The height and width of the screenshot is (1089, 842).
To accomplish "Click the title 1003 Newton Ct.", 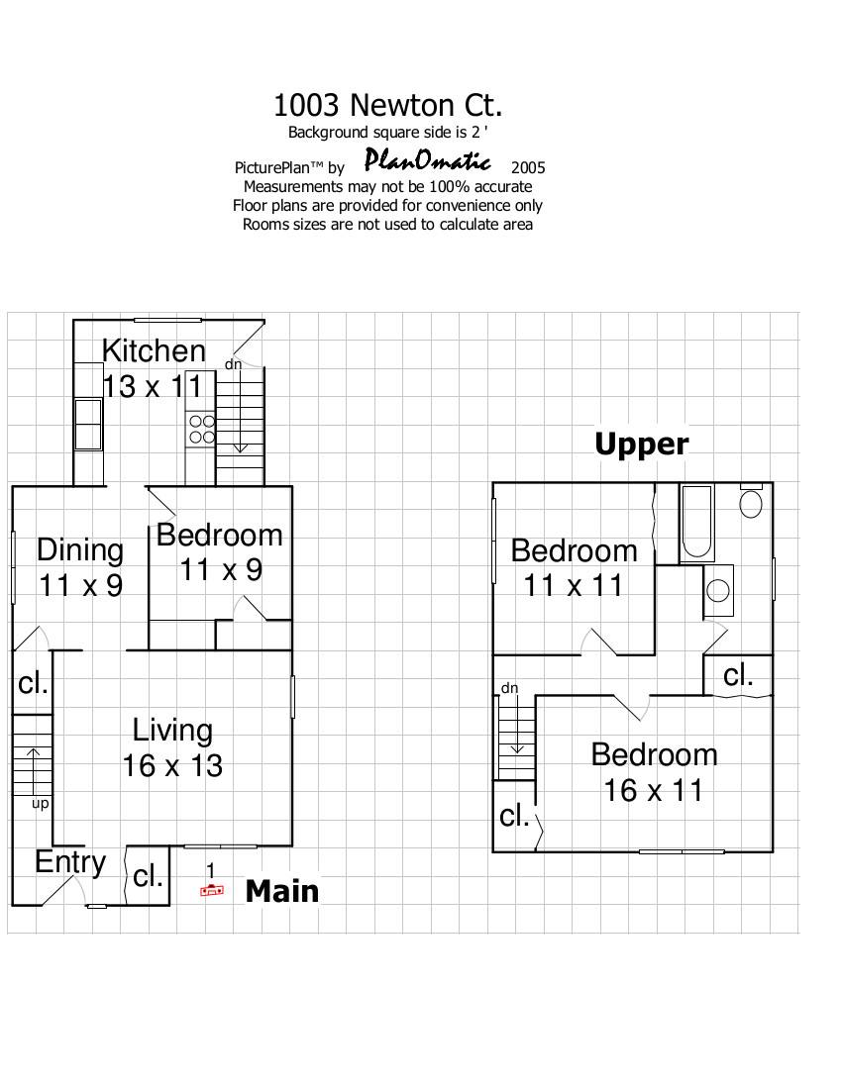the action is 387,106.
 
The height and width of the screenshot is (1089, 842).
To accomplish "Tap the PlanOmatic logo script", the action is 428,160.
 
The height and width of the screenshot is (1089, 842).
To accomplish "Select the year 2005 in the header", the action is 528,167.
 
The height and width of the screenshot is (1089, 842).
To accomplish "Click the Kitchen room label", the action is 154,350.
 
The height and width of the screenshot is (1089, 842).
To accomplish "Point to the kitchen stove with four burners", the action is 202,430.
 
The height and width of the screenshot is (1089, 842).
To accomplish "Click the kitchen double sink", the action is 89,425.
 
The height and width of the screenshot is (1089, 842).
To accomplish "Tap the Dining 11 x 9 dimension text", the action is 80,585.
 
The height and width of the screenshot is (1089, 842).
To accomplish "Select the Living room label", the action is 172,731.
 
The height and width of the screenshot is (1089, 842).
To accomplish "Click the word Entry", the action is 70,863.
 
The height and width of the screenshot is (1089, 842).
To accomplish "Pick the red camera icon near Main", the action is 212,890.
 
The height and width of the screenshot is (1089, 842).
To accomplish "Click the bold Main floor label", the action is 282,891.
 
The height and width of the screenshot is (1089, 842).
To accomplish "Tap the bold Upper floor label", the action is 642,444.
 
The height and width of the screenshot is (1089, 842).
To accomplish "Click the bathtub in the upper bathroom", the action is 696,523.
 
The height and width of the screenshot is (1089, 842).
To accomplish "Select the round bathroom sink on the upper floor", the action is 718,590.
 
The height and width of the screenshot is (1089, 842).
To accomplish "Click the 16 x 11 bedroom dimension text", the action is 653,790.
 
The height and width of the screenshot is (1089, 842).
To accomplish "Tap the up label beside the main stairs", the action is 41,804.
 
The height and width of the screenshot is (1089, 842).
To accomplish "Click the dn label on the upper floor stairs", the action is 510,688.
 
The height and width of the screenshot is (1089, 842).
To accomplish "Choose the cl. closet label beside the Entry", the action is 148,876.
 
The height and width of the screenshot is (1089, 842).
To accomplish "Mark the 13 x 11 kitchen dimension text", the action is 153,386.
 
